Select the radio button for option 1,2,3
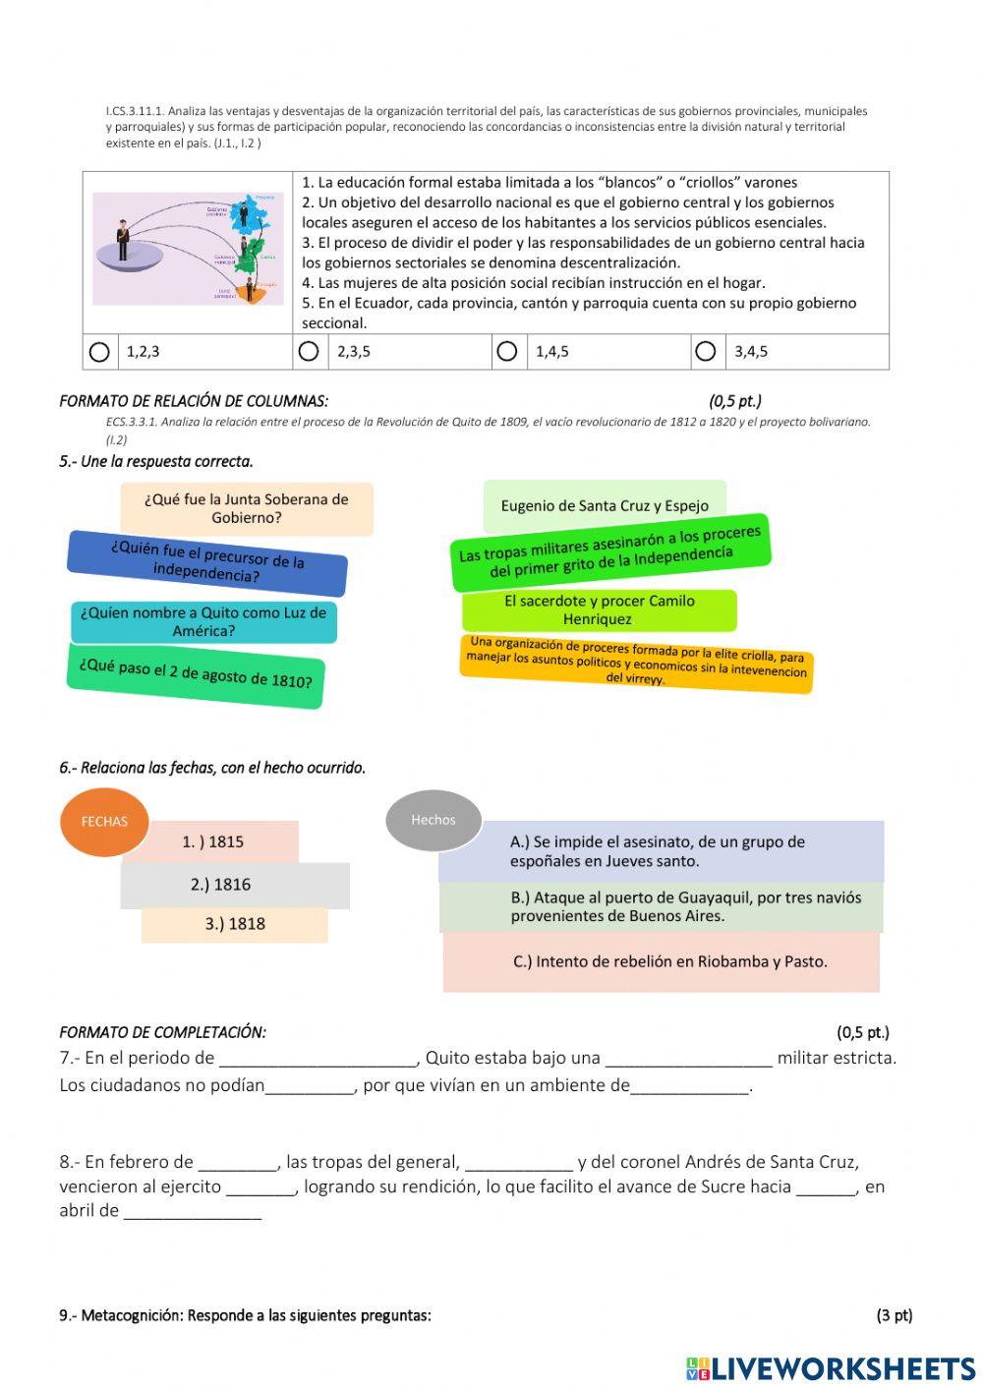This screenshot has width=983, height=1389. pos(99,352)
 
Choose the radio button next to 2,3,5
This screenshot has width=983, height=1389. pos(309,351)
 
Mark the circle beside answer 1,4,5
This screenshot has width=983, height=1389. pos(507,351)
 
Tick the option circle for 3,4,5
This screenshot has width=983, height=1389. pos(706,351)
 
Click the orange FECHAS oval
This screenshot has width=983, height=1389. pos(104,821)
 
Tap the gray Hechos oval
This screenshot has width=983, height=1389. pos(434,819)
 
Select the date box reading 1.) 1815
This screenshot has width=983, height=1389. pos(213,841)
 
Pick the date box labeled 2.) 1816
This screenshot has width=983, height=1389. pos(234,885)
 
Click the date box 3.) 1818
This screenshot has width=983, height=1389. pos(235,924)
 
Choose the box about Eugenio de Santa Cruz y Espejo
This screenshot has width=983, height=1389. pos(605,505)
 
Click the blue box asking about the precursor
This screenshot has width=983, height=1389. pos(207,564)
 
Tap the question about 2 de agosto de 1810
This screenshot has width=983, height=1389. pos(196,674)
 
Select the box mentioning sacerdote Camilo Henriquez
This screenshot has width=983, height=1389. pos(599,610)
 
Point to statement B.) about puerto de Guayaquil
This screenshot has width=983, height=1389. pos(661,906)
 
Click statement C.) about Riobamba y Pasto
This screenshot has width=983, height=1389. pos(662,961)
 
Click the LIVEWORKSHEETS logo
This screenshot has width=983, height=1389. pos(831,1368)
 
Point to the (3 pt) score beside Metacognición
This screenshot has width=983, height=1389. pos(894,1315)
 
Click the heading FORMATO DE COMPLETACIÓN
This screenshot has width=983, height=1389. pos(162,1032)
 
